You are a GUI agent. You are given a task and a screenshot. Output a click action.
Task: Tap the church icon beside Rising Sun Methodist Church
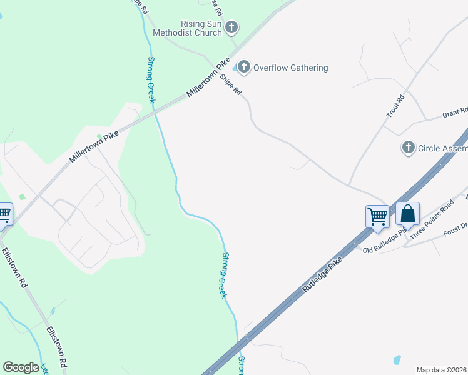point(232,27)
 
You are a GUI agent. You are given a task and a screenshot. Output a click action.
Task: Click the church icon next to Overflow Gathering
point(243,67)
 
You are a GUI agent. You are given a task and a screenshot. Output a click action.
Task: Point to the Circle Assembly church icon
point(408,148)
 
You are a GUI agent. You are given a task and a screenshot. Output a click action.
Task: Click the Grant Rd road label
point(455,113)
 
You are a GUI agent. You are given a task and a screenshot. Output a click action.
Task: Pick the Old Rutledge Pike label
point(385,242)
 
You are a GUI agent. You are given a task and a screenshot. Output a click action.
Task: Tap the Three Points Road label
point(430,219)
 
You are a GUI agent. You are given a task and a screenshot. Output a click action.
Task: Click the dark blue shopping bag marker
point(407,214)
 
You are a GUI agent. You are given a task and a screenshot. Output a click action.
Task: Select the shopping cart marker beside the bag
point(377,217)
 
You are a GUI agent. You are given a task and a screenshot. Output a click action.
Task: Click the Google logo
point(21,367)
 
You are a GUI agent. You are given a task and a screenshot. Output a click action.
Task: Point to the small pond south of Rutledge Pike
point(396,360)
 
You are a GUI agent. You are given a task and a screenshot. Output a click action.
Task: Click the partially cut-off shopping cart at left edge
point(4,214)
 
